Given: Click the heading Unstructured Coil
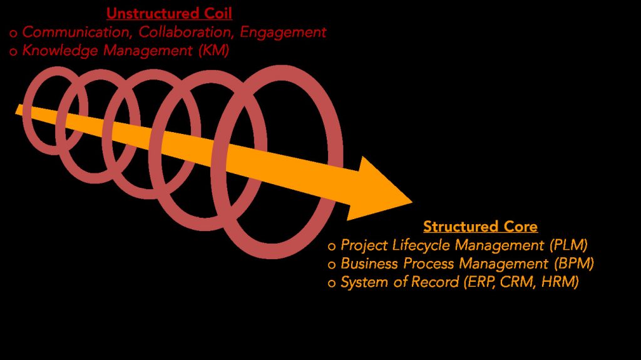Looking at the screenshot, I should point(169,13).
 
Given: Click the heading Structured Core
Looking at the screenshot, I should point(480,226).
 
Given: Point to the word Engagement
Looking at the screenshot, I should point(283,31).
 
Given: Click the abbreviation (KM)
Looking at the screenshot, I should point(213,51).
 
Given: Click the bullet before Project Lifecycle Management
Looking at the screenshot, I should point(332,246).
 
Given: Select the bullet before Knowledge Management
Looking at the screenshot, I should point(13,52).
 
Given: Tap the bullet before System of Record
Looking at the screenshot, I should point(332,284).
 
